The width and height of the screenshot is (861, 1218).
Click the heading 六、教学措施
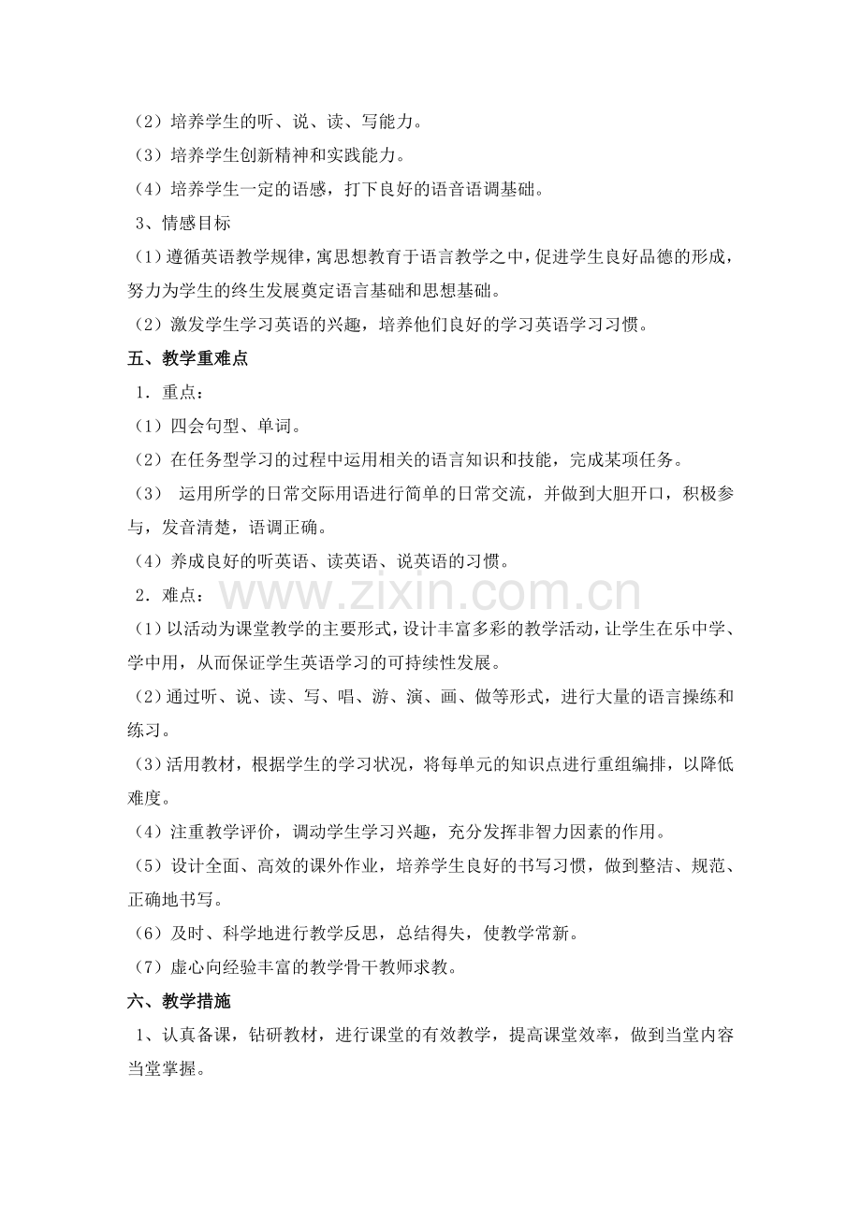pyautogui.click(x=179, y=1001)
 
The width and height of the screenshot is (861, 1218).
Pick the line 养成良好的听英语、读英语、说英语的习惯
pyautogui.click(x=323, y=561)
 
